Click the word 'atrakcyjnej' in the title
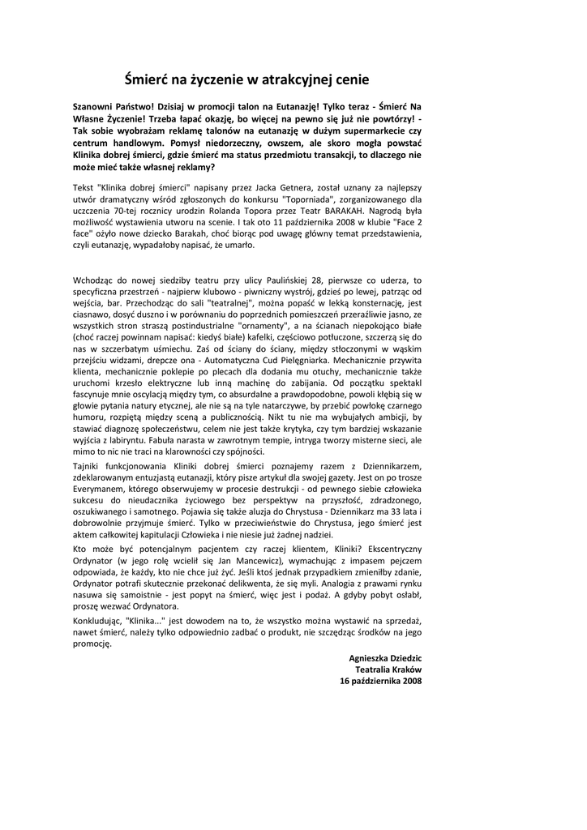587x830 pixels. pos(286,79)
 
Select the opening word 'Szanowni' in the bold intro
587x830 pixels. pos(95,107)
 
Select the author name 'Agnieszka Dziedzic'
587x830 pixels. pos(385,659)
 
